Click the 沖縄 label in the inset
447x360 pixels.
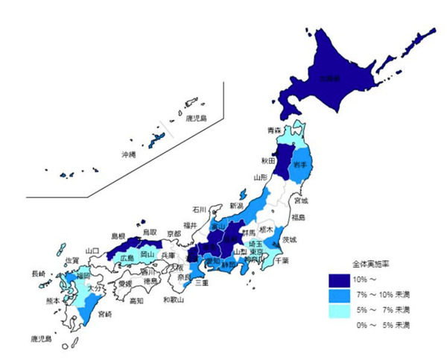click(x=129, y=154)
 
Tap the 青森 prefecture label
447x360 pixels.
click(x=275, y=130)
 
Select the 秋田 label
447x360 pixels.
click(x=268, y=160)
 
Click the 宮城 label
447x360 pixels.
click(x=300, y=200)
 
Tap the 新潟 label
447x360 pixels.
click(x=236, y=206)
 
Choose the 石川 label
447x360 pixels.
click(x=199, y=209)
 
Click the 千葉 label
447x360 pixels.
click(x=282, y=261)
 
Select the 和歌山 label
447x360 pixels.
click(x=174, y=300)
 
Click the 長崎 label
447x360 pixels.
click(x=37, y=274)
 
